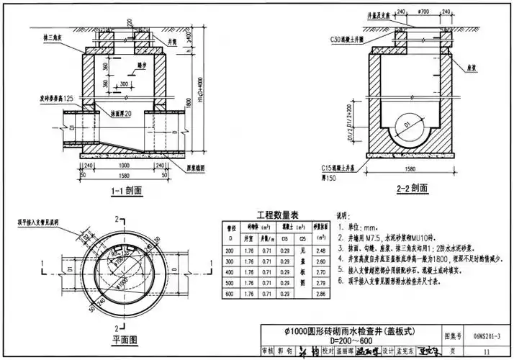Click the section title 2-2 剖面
(413, 190)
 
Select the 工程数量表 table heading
(273, 214)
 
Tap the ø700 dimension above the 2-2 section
(423, 12)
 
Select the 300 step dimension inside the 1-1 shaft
(124, 84)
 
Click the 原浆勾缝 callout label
(192, 166)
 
